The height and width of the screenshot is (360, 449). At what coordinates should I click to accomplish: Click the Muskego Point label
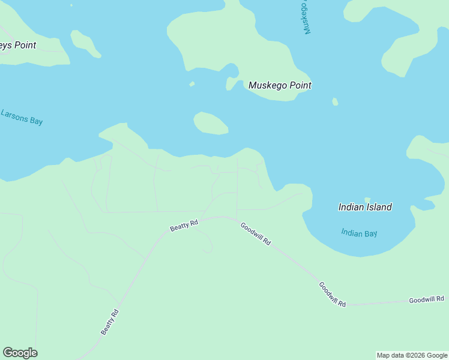coord(280,85)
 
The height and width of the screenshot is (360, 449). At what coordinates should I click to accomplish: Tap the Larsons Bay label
coord(22,116)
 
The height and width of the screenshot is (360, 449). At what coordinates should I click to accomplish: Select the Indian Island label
coord(365,207)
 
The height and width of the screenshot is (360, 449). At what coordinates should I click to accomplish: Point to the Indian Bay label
coord(359,233)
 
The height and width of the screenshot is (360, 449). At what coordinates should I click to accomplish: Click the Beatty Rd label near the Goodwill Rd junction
coord(184,226)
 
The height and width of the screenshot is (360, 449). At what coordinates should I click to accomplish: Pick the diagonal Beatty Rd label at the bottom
coord(110,322)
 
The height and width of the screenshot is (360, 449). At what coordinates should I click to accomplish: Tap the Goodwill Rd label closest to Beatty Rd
coord(256,234)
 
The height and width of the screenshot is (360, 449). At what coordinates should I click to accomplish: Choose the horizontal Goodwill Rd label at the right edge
coord(426,299)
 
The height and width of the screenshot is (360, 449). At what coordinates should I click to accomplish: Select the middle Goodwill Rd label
coord(333,295)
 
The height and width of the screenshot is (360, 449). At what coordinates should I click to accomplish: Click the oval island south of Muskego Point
coord(210,123)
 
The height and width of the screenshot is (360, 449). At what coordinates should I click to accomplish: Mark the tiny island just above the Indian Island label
coord(367,199)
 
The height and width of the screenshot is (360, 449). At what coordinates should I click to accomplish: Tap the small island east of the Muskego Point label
coord(335,101)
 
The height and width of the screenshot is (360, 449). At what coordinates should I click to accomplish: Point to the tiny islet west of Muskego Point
coord(192,84)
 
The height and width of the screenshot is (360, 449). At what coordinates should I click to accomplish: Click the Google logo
coord(20,353)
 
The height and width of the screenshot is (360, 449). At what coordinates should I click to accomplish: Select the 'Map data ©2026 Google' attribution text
coord(412,355)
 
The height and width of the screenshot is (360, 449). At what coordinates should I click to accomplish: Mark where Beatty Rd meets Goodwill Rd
coord(237,218)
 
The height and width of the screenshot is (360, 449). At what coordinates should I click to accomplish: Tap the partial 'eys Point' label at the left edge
coord(18,45)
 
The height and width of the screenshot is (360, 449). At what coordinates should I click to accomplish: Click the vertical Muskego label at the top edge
coord(306,17)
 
